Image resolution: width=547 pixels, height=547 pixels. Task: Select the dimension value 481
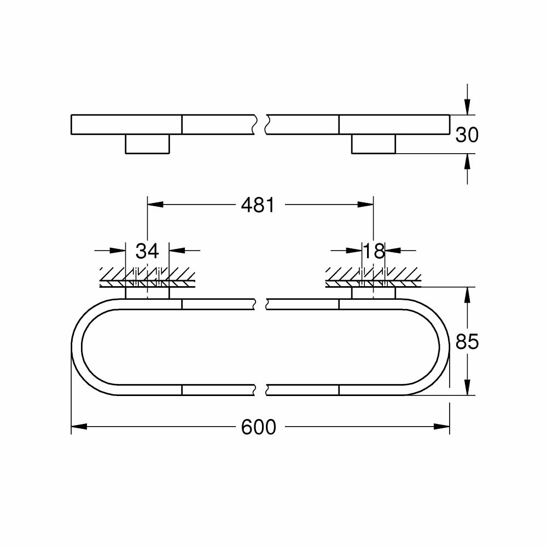258,205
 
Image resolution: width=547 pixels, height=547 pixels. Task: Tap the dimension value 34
147,251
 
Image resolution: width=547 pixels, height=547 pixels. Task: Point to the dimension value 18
374,251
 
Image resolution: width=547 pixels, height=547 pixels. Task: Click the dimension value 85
467,342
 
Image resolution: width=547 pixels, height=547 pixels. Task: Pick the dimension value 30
467,135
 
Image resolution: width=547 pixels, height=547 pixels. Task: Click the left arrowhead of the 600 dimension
79,427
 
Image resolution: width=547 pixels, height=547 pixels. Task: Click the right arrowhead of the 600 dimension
442,427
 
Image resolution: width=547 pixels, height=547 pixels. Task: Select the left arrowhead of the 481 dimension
155,205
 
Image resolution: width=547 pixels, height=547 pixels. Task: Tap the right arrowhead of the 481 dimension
365,205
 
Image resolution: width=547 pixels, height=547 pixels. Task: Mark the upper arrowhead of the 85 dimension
467,294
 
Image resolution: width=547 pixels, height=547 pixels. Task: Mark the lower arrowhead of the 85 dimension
467,388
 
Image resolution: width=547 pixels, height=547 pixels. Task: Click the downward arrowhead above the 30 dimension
467,107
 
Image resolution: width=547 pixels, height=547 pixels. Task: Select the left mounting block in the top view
147,144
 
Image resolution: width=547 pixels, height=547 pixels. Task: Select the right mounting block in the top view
373,144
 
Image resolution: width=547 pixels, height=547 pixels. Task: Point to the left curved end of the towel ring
77,347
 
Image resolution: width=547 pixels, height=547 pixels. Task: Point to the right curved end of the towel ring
444,347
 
